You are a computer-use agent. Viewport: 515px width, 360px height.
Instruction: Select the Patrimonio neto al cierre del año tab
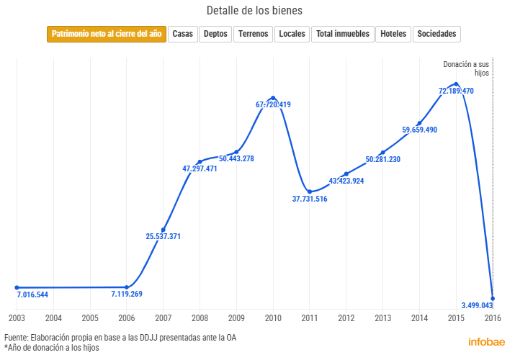tap(107, 34)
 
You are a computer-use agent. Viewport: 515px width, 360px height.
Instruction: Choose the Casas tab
tap(183, 34)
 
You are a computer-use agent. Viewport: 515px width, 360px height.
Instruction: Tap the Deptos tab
tap(215, 34)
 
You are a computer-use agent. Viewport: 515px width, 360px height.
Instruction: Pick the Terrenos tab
tap(253, 34)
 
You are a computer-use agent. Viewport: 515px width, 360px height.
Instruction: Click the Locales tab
tap(292, 34)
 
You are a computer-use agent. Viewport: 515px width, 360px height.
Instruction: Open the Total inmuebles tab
tap(343, 34)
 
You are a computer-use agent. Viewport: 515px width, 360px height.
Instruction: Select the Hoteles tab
tap(393, 34)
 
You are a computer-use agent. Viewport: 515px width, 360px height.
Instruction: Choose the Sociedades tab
tap(436, 34)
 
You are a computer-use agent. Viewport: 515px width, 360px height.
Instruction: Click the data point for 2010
tap(273, 97)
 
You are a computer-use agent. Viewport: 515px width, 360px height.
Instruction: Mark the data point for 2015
tap(456, 84)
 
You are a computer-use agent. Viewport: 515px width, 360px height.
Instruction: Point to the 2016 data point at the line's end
tap(493, 297)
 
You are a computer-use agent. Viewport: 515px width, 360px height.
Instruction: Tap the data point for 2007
tap(164, 230)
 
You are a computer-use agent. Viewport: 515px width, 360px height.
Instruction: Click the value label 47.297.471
tap(200, 169)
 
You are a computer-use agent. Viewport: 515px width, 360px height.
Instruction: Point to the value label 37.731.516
tap(310, 199)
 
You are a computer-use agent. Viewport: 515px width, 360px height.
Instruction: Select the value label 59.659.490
tap(419, 130)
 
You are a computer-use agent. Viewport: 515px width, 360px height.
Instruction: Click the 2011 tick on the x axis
tap(310, 318)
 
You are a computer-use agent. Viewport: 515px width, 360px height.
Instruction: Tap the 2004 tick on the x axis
tap(53, 318)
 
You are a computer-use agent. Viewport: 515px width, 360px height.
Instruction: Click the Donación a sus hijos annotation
tap(466, 68)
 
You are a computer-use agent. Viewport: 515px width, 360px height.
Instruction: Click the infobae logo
tap(487, 342)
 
